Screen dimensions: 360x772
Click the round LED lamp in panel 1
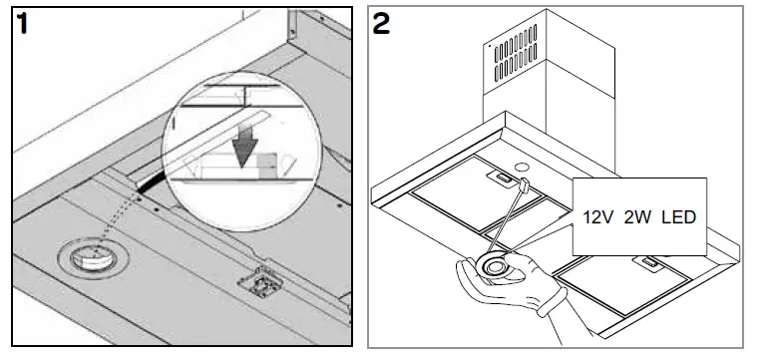[89, 258]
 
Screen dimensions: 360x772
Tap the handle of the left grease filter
[497, 178]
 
